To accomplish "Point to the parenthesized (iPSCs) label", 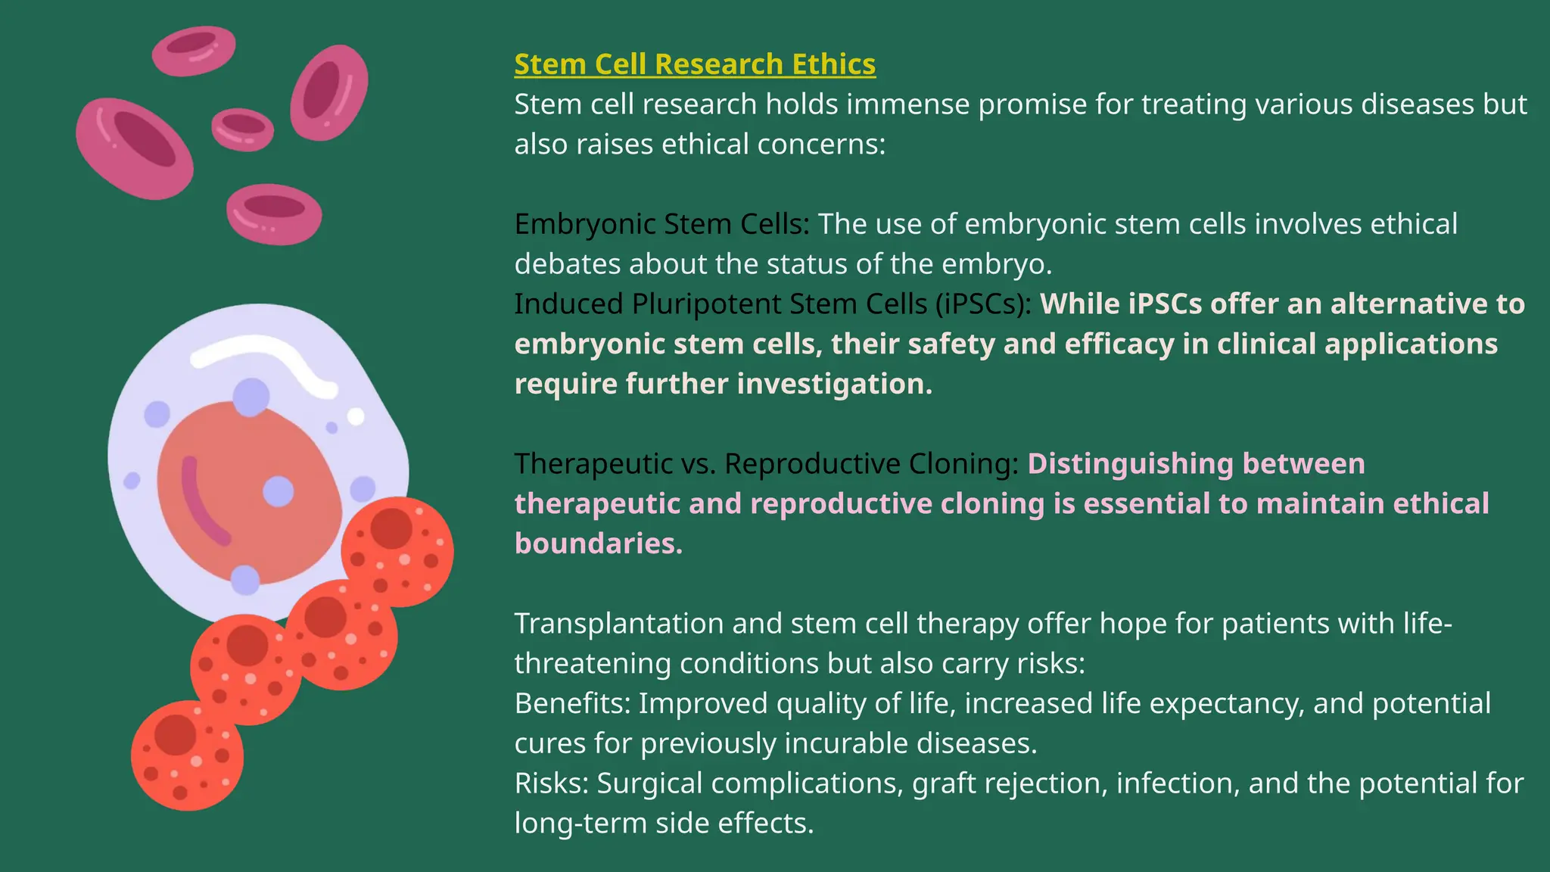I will tap(982, 304).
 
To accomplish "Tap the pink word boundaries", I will tap(598, 543).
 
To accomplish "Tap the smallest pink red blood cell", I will tap(242, 129).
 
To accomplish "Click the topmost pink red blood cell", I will tap(194, 50).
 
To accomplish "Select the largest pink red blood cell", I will tap(135, 148).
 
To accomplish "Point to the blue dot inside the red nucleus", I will tap(278, 491).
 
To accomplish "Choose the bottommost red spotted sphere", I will tap(187, 755).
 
